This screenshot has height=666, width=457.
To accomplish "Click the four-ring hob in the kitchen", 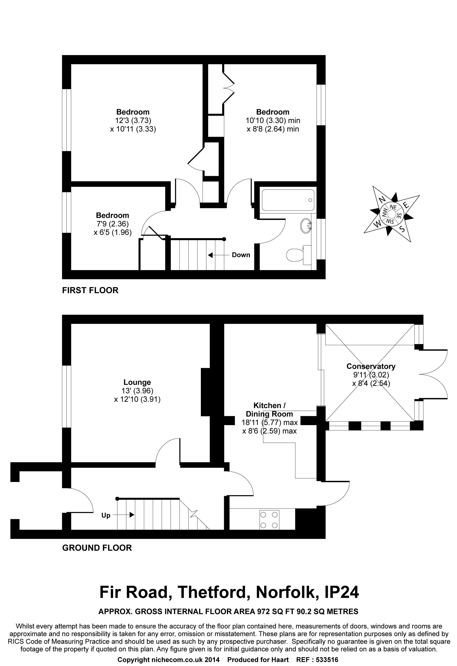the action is [x=269, y=520].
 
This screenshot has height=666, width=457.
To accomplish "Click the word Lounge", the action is [x=137, y=382].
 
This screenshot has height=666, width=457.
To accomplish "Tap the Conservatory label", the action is [x=371, y=366].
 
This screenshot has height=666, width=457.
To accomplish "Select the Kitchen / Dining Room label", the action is [x=269, y=410].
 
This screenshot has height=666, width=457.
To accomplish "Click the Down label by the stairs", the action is [x=241, y=255].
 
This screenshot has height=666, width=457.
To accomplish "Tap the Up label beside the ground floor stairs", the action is [x=106, y=515].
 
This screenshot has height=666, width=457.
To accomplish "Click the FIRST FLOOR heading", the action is [x=90, y=290].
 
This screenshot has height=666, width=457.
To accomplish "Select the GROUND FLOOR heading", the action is [x=97, y=548].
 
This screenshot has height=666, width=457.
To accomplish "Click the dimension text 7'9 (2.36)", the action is [x=112, y=224].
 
